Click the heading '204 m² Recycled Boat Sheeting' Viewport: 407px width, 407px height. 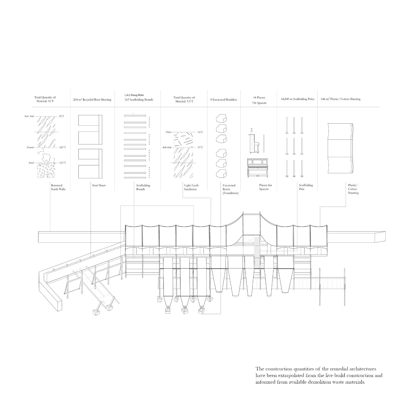[x=92, y=100]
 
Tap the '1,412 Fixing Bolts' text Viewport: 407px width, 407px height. [x=134, y=95]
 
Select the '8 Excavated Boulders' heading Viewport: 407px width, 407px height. [x=224, y=100]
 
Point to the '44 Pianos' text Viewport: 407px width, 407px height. [x=259, y=97]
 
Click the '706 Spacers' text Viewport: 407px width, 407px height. [x=259, y=103]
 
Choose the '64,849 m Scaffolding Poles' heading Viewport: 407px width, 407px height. [x=298, y=99]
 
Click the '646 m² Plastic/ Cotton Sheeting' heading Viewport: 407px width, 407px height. [x=341, y=99]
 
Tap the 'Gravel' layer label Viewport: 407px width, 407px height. [x=31, y=148]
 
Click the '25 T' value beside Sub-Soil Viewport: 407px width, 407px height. [x=62, y=116]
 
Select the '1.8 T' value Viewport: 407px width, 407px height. [x=200, y=132]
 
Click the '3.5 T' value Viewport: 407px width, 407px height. [x=200, y=148]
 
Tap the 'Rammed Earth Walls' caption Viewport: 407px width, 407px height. [x=58, y=187]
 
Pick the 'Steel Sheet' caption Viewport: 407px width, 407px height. [x=99, y=185]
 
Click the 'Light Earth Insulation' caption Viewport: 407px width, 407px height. [x=191, y=187]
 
